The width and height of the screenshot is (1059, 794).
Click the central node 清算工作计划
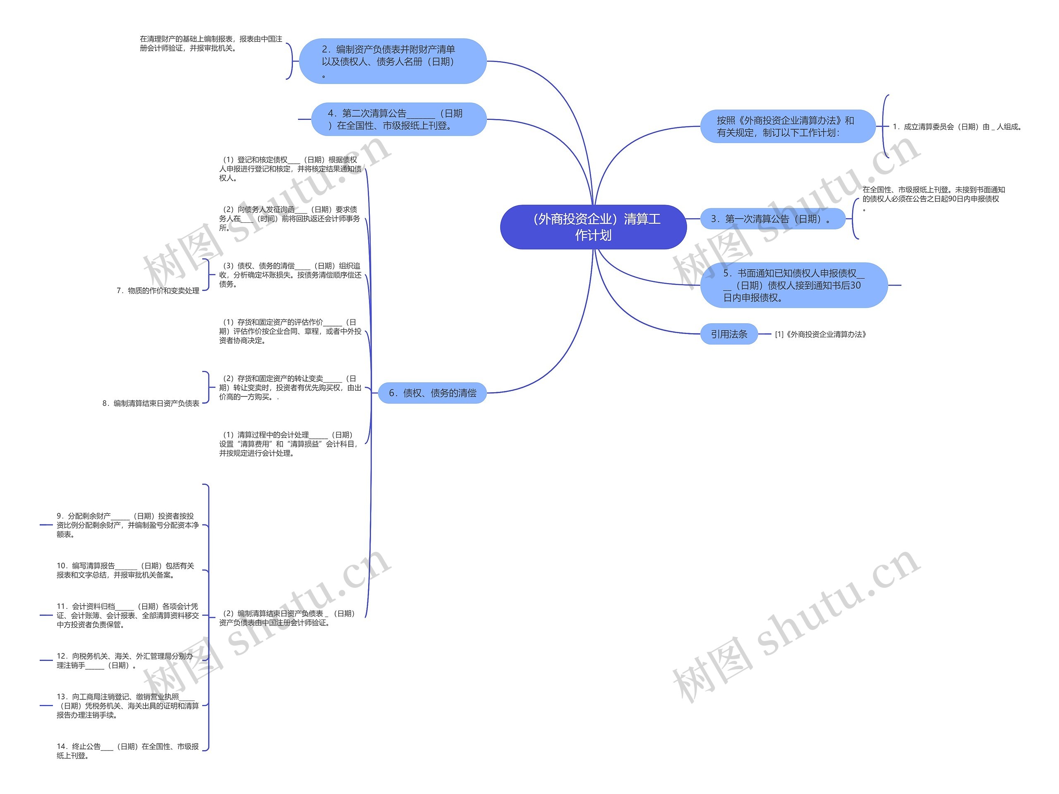(x=593, y=227)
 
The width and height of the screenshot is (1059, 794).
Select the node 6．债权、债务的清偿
(x=432, y=393)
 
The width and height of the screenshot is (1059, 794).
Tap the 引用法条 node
(x=728, y=334)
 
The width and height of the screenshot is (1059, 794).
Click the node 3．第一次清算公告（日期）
(x=772, y=219)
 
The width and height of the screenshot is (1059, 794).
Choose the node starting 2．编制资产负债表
(x=393, y=62)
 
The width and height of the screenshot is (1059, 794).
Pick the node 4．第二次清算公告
(x=399, y=119)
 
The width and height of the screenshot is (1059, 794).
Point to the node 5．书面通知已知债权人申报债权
(x=793, y=286)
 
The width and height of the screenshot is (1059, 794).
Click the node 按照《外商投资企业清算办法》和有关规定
(x=788, y=127)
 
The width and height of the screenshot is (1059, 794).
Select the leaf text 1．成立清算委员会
(x=957, y=127)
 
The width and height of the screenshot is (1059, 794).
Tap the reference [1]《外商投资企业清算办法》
(x=821, y=334)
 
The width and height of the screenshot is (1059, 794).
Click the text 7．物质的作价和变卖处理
(x=158, y=291)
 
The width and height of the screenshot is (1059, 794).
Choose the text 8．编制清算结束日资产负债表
(x=151, y=404)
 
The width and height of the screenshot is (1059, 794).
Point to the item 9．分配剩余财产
(x=127, y=525)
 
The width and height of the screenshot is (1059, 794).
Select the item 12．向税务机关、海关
(x=125, y=660)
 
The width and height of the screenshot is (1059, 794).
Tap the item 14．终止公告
(x=127, y=751)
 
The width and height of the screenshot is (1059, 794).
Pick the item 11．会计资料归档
(x=127, y=615)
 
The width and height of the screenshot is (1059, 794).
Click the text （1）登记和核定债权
(x=290, y=169)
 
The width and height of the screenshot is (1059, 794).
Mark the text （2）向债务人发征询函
(x=290, y=219)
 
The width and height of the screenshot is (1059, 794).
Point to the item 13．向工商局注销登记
(x=127, y=706)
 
